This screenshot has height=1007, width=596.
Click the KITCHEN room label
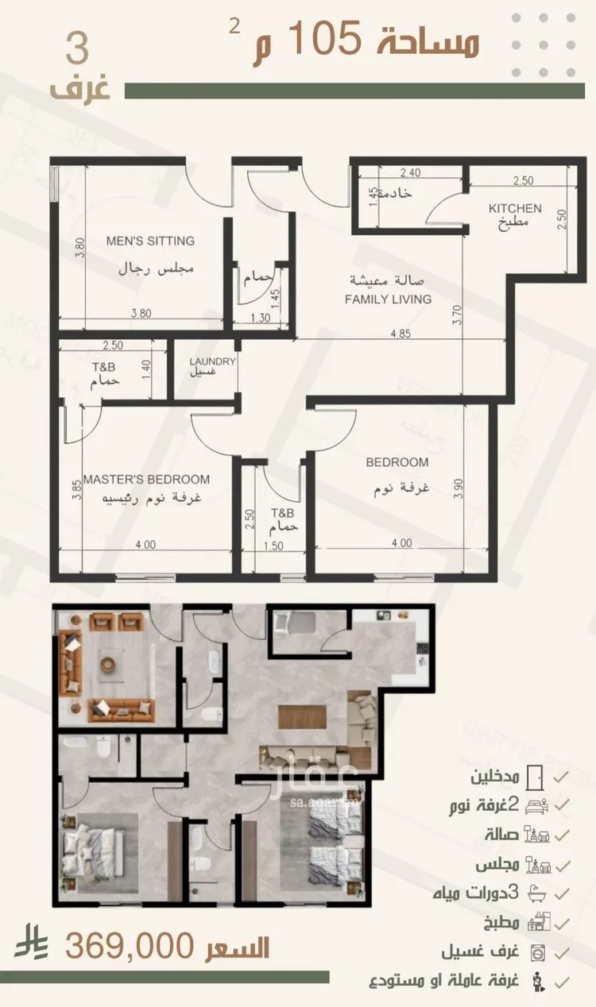pos(515,208)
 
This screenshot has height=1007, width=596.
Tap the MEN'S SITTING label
pos(150,241)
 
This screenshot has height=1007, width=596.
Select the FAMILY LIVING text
pos(388,299)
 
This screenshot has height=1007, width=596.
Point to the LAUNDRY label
pos(212,361)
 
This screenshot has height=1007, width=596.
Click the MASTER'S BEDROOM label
pos(147,479)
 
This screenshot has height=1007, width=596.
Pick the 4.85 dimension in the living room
pos(401,334)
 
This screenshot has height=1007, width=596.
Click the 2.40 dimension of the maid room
pos(410,172)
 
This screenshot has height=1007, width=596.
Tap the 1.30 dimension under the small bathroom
pos(260,318)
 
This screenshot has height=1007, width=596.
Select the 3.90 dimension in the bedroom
pos(458,488)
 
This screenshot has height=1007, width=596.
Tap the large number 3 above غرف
pos(78,48)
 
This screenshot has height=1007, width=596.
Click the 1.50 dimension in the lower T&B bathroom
pos(273,546)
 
